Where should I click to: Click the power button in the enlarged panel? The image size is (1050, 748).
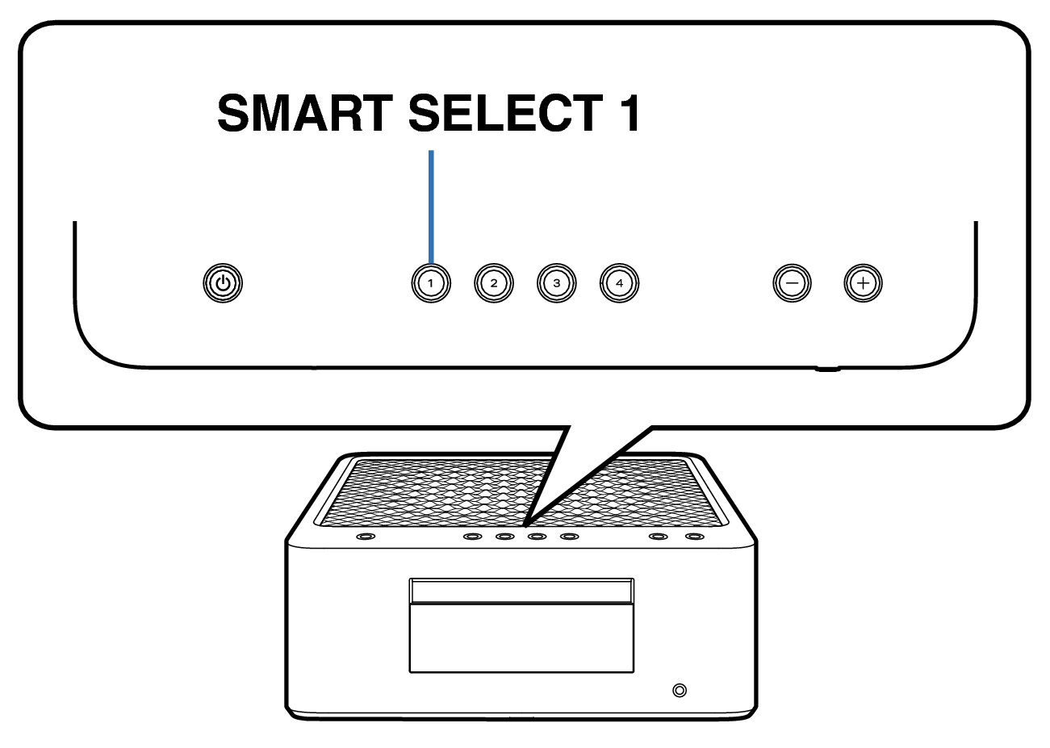223,283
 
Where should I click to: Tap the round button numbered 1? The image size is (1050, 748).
431,283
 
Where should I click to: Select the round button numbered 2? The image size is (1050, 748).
494,283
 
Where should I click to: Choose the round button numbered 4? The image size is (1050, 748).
619,283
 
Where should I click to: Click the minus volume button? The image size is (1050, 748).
793,283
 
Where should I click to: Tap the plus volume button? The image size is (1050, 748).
863,283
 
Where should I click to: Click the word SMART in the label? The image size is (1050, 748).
305,113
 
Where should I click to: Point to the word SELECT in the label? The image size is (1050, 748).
506,113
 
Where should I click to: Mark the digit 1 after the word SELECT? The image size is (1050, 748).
630,113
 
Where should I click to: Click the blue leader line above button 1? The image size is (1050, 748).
431,207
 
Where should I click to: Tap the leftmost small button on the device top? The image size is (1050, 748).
366,536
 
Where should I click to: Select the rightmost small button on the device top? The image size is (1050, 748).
694,536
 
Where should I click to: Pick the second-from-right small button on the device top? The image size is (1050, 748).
658,536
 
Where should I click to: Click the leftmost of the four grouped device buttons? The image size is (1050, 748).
472,536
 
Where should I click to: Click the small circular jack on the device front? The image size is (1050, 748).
680,691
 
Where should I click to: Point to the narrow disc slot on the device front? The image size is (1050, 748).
521,591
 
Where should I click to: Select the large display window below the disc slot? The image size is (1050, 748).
521,638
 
